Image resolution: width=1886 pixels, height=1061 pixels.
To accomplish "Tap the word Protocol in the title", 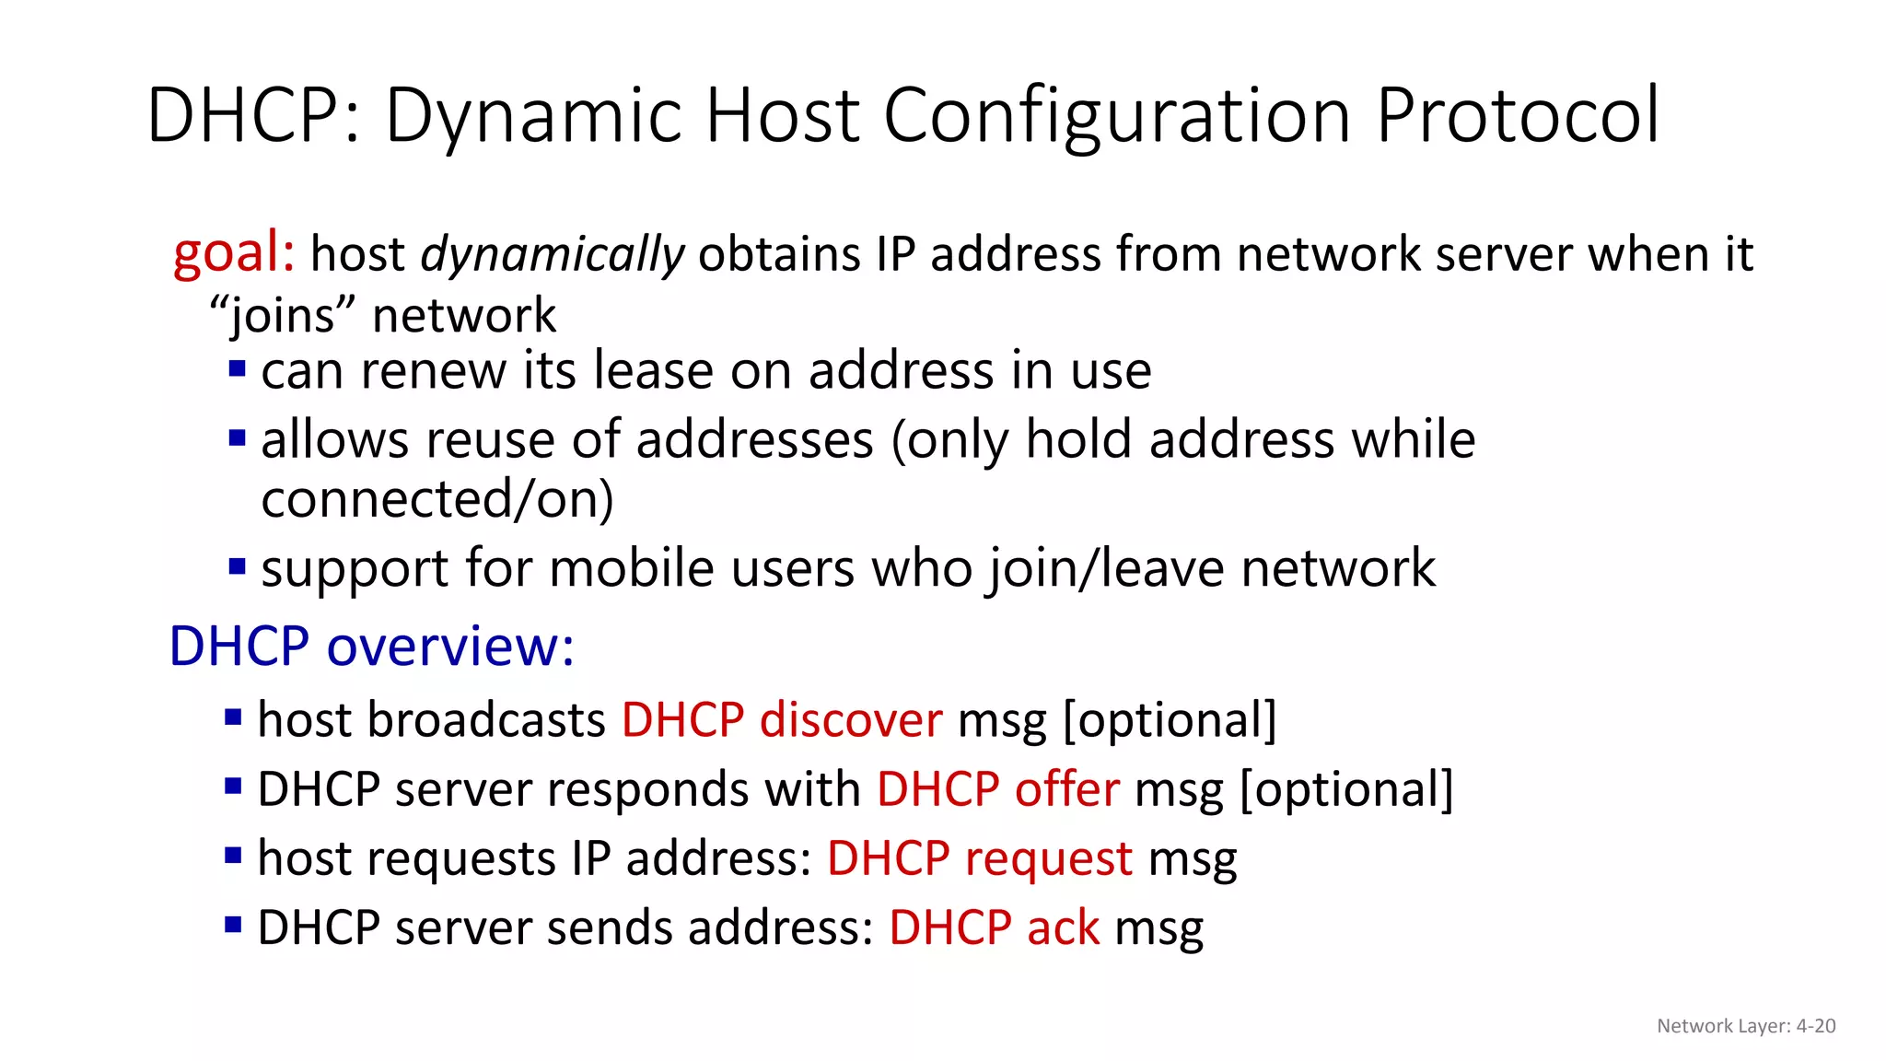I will [x=1517, y=116].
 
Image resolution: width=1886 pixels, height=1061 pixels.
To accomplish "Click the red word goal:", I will [x=234, y=252].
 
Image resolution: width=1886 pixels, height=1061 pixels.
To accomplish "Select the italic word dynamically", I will [x=552, y=255].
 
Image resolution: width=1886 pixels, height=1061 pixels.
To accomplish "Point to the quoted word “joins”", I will [x=282, y=316].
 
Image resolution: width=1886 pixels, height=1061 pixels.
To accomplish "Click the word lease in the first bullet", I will [x=653, y=371].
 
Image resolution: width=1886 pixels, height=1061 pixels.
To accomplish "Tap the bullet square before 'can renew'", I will [x=238, y=369].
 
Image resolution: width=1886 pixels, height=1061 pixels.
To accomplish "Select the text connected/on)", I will [x=437, y=499].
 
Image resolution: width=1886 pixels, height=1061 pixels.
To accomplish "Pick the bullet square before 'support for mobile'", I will [x=238, y=565].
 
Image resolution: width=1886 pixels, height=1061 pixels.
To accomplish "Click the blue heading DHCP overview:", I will [x=371, y=646].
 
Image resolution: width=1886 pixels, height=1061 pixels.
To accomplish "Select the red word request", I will [x=1048, y=859].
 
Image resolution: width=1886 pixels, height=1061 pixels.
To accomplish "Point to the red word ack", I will [x=1063, y=927].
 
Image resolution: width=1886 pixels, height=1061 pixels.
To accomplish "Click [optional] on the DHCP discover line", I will [x=1170, y=720].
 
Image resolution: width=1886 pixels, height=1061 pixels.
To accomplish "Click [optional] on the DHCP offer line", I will [x=1346, y=790].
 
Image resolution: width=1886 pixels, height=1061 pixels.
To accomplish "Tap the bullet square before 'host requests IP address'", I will [x=233, y=857].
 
